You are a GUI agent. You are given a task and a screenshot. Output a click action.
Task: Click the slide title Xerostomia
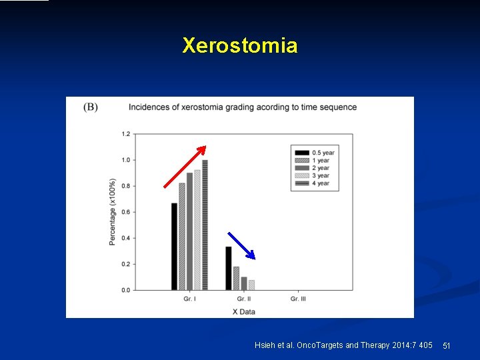point(240,45)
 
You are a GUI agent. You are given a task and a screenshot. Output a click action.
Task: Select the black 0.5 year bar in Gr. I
point(175,246)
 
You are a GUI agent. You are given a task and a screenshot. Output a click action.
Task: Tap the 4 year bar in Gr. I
point(205,225)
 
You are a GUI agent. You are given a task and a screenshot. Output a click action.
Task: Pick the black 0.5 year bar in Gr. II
point(228,268)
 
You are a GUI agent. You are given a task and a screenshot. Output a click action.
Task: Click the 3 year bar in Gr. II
point(251,285)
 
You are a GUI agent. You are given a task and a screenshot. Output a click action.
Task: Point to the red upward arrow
point(185,167)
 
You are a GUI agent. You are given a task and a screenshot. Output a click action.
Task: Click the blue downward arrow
point(241,245)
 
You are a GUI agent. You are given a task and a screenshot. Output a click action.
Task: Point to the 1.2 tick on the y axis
point(126,134)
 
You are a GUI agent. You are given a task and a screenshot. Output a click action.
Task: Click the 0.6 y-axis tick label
point(126,212)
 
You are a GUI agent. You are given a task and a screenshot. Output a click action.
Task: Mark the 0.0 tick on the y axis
point(126,290)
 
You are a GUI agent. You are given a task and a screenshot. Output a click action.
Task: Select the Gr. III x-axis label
point(299,299)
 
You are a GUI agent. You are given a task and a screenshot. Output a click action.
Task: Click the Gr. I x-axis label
point(189,299)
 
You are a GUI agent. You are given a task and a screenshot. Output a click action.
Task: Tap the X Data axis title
point(243,311)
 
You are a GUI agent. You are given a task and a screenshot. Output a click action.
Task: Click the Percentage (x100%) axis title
point(113,212)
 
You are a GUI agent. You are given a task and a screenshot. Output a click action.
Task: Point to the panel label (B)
point(91,107)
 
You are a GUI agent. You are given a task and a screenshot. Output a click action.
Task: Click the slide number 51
point(447,345)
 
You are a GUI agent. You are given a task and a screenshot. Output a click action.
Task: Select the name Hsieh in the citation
point(265,345)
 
